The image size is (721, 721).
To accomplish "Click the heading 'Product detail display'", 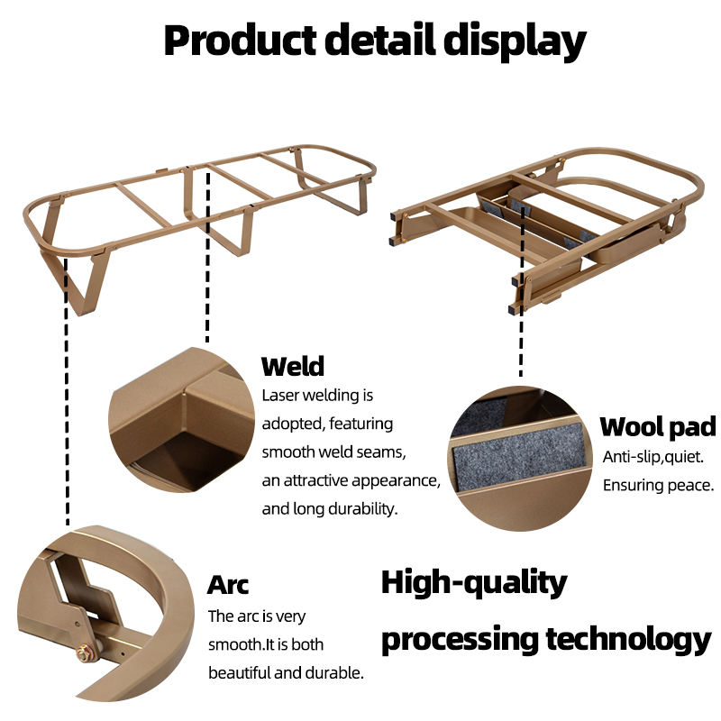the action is click(374, 41).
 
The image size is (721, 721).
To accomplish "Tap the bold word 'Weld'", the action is click(292, 367).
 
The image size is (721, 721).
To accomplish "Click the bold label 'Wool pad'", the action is click(658, 426).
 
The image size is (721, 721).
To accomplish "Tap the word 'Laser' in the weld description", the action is click(280, 395).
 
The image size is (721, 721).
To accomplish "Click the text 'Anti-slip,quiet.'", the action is click(653, 457).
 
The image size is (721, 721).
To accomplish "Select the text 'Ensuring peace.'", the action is click(658, 486).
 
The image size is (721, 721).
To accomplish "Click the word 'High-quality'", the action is click(474, 583).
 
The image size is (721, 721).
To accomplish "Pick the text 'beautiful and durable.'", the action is click(287, 672).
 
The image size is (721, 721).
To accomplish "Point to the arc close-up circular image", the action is click(108, 622).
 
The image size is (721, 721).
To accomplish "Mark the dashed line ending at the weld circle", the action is click(208, 261).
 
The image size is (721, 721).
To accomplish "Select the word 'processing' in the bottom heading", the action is click(459, 639).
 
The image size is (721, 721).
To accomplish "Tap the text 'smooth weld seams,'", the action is click(334, 452).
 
